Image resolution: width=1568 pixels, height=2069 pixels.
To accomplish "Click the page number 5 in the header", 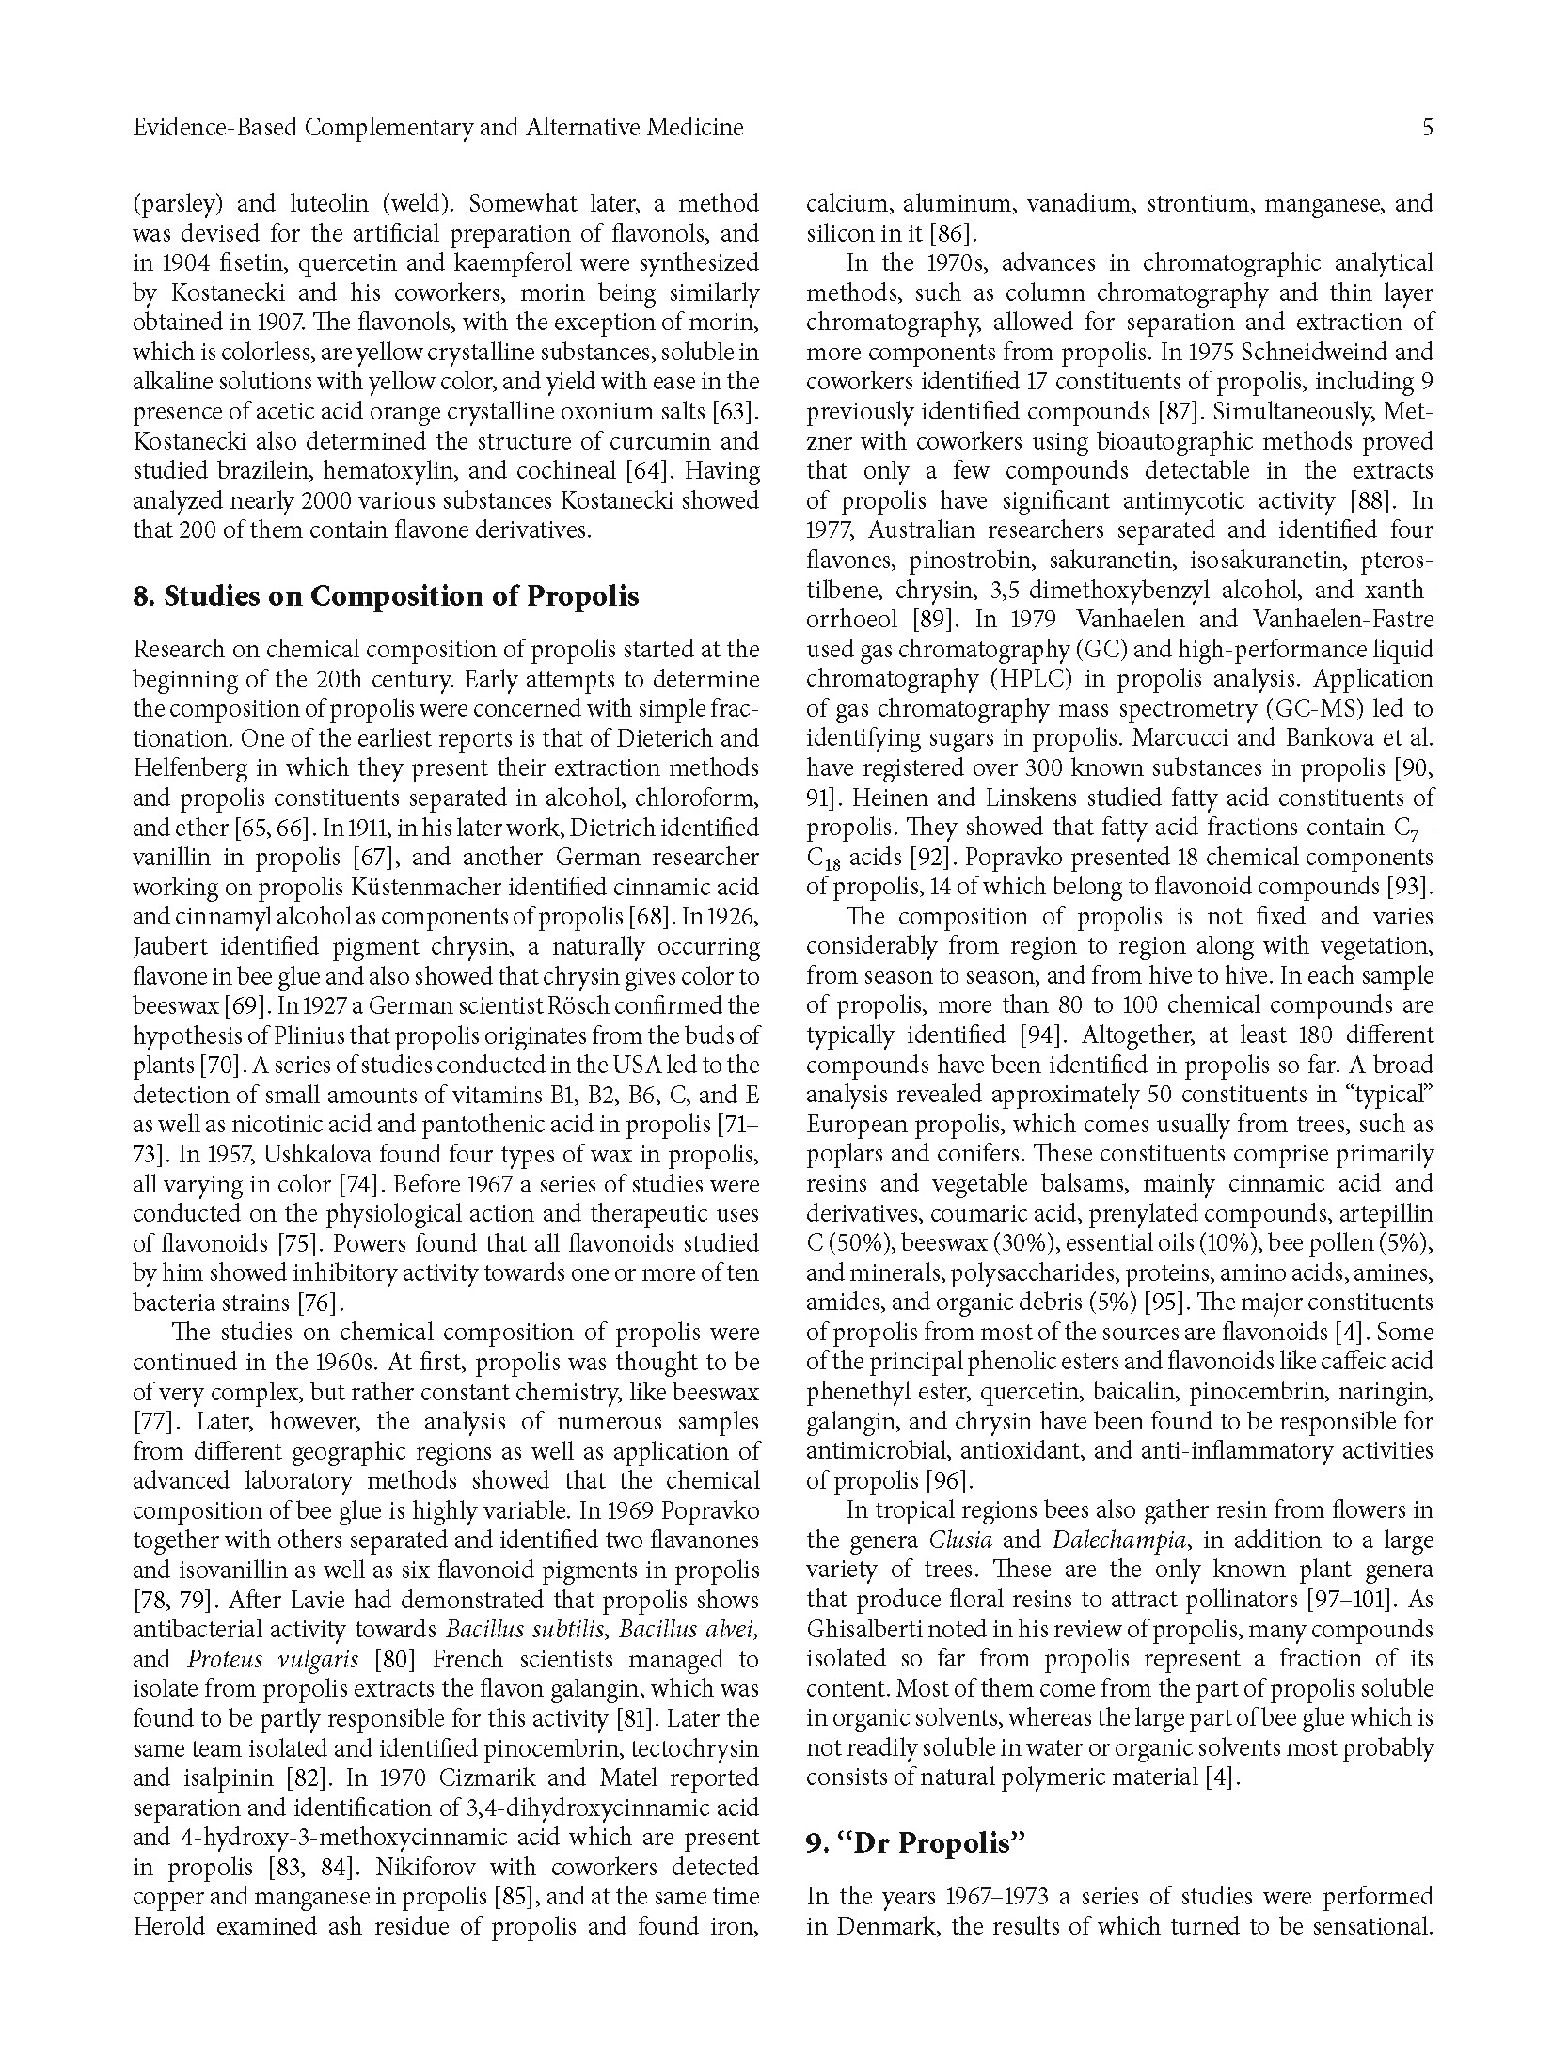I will pyautogui.click(x=1427, y=128).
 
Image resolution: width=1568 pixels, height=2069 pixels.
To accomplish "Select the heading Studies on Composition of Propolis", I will pyautogui.click(x=386, y=596).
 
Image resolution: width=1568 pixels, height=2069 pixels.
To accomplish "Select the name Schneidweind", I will pyautogui.click(x=1308, y=353).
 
